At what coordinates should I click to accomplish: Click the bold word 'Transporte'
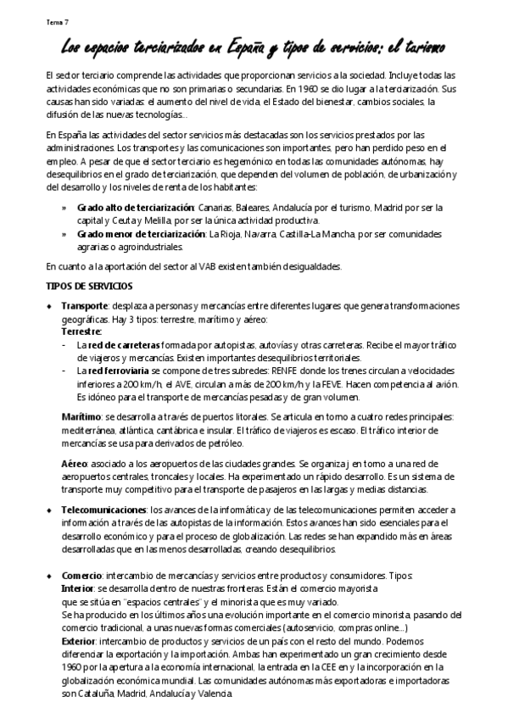pyautogui.click(x=84, y=305)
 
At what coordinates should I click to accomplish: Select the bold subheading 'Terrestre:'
pyautogui.click(x=81, y=332)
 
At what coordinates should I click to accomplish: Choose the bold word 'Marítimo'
pyautogui.click(x=81, y=416)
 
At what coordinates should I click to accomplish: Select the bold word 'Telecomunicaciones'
pyautogui.click(x=103, y=510)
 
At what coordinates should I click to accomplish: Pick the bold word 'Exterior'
pyautogui.click(x=78, y=641)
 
